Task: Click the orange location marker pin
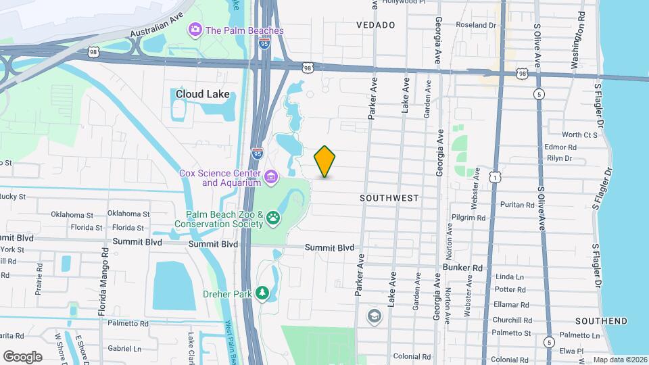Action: [x=324, y=162]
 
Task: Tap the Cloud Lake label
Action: [x=202, y=95]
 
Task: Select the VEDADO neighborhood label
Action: [x=375, y=25]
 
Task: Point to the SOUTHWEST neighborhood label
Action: [x=389, y=198]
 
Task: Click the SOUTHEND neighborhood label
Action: [x=602, y=321]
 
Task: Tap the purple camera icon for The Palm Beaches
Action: [x=195, y=29]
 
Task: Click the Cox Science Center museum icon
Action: [x=271, y=178]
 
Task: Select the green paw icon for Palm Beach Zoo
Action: [x=273, y=218]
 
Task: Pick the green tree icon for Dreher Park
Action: [x=262, y=293]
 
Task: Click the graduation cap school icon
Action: [x=374, y=316]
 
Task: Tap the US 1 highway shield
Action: [x=496, y=177]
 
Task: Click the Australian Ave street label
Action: [x=157, y=24]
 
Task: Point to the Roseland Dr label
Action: [x=476, y=25]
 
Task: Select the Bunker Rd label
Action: [x=462, y=268]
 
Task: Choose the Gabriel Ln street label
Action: [x=124, y=349]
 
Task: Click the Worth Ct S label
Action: [x=561, y=135]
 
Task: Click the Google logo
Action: [x=22, y=357]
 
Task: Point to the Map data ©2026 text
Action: [x=619, y=360]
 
